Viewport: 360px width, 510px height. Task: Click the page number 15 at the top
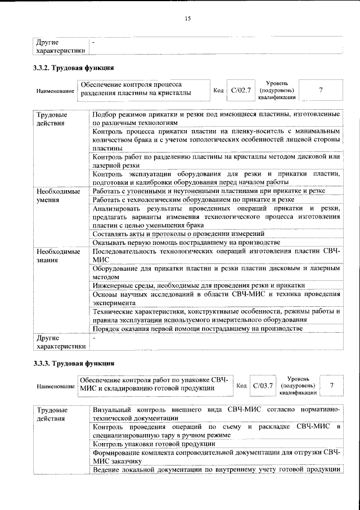pyautogui.click(x=188, y=19)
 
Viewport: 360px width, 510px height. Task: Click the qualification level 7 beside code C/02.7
pyautogui.click(x=321, y=90)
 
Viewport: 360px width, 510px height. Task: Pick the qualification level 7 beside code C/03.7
pyautogui.click(x=332, y=386)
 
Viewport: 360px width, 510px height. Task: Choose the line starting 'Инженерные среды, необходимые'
pyautogui.click(x=199, y=285)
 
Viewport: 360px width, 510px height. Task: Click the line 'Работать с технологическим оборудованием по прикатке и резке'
pyautogui.click(x=193, y=200)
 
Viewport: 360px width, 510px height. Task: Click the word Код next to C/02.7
pyautogui.click(x=219, y=90)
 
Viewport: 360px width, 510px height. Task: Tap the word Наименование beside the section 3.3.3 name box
pyautogui.click(x=56, y=387)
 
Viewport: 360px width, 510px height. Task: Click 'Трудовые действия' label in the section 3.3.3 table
pyautogui.click(x=51, y=414)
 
